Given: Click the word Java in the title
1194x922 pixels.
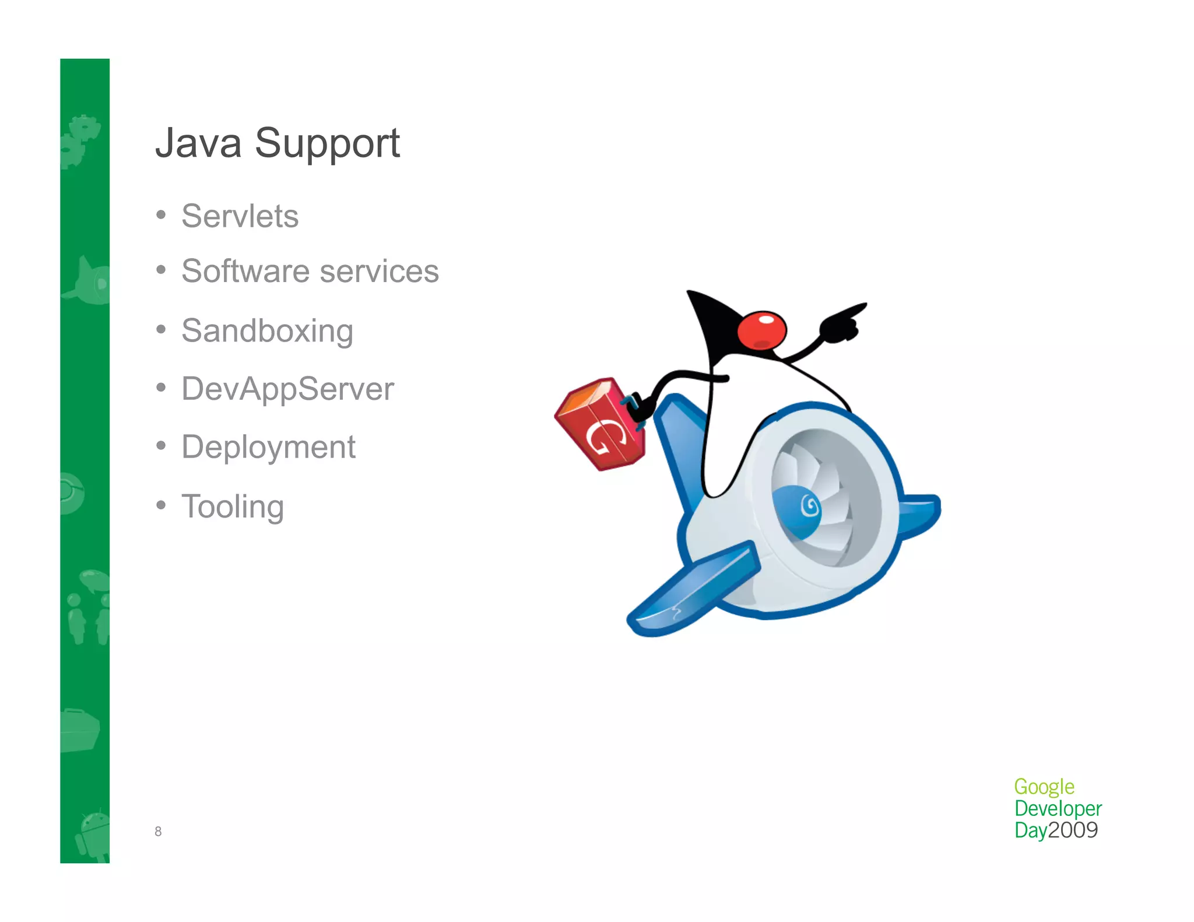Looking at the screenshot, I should click(198, 143).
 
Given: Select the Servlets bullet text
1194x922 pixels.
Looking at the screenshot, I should click(240, 216).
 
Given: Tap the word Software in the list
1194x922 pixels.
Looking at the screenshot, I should click(245, 271).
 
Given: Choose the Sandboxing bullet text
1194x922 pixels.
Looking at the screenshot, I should click(267, 331).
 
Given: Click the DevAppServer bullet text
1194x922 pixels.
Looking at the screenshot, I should click(287, 389).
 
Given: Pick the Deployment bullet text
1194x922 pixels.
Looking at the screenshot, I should click(268, 448).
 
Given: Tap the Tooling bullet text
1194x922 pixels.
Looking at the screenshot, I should click(233, 506).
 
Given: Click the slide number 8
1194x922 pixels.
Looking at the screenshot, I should click(158, 832).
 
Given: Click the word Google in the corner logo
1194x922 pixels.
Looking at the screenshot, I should click(1044, 787).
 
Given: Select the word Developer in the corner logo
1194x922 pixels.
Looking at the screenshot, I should click(1058, 808).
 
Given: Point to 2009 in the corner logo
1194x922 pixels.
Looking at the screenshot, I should click(1073, 830).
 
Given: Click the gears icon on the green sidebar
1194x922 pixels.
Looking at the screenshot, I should click(82, 140).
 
